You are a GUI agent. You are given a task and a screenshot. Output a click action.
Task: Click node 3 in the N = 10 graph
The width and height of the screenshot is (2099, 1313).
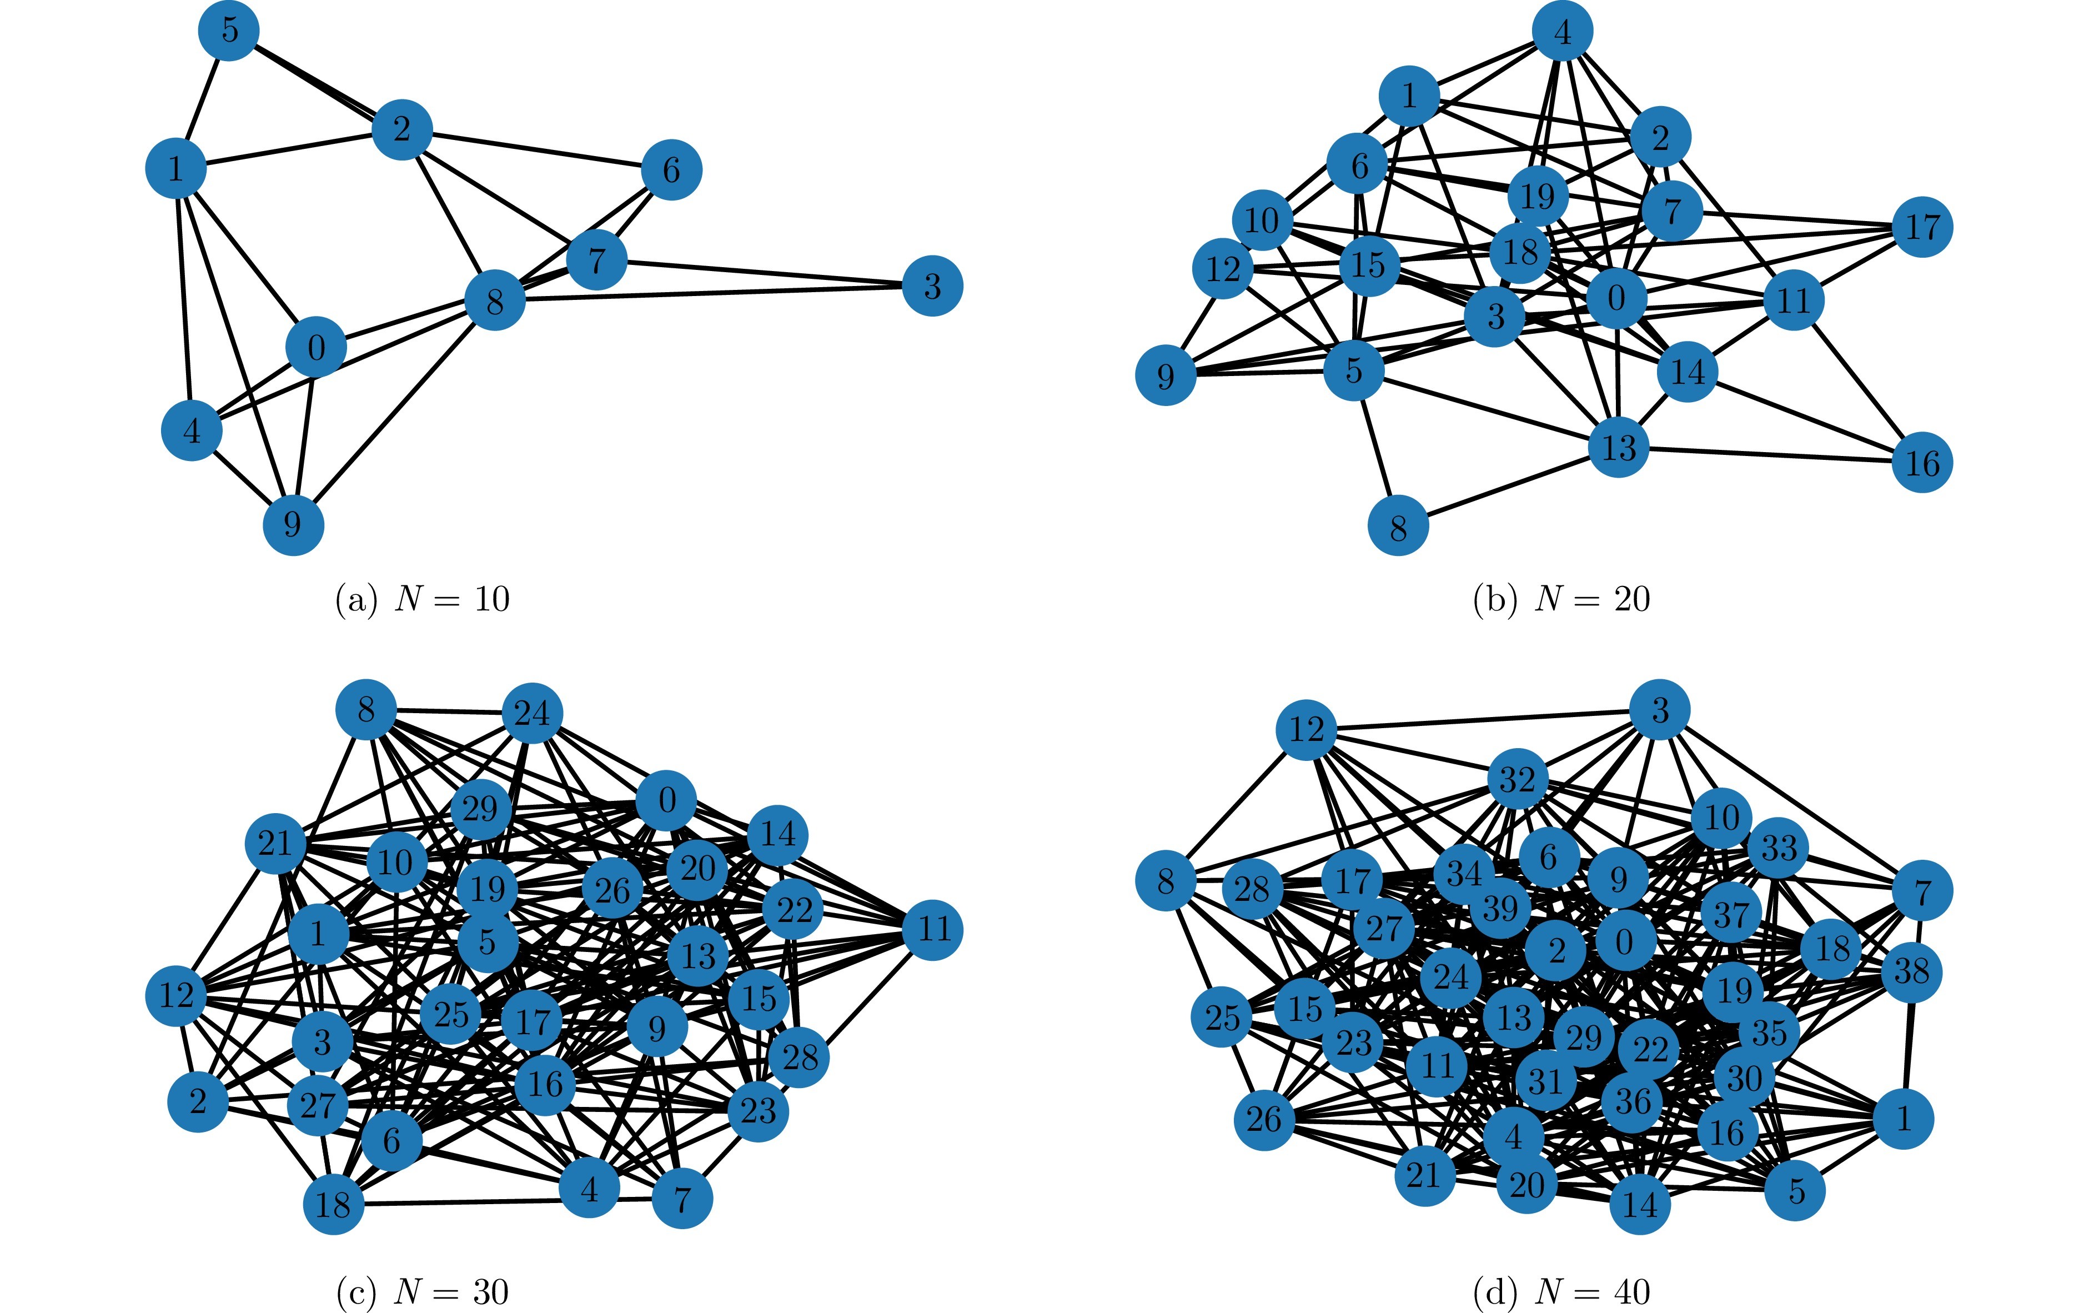point(932,285)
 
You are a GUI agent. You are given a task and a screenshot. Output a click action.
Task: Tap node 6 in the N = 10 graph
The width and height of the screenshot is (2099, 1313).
point(671,169)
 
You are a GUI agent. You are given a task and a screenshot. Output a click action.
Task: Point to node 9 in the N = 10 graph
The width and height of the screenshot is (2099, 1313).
point(293,524)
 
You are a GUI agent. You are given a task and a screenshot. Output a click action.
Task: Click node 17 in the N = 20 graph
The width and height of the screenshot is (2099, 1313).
point(1922,228)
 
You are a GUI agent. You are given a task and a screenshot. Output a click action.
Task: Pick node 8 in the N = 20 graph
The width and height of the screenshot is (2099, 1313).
point(1398,526)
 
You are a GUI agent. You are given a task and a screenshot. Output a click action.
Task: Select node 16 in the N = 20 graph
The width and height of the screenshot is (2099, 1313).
point(1922,462)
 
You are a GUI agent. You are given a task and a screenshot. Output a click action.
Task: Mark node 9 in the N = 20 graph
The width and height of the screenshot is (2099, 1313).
point(1166,375)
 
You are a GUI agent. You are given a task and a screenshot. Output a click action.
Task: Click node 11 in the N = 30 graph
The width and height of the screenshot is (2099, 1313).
point(932,929)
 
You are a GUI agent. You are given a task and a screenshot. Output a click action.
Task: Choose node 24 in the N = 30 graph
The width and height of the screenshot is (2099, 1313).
point(532,713)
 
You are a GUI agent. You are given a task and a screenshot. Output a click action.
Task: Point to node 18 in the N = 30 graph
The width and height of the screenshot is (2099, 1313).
point(333,1205)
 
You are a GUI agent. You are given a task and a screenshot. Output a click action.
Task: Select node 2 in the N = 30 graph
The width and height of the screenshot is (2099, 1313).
point(198,1101)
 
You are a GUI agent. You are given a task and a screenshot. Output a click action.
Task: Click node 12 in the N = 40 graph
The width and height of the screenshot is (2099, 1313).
point(1305,729)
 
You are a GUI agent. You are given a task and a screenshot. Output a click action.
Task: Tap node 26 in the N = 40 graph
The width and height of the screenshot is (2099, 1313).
point(1264,1119)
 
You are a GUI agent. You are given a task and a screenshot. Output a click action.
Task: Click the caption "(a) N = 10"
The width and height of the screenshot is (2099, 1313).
point(422,599)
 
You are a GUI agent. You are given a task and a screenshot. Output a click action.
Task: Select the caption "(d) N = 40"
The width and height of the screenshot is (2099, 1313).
point(1561,1292)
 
